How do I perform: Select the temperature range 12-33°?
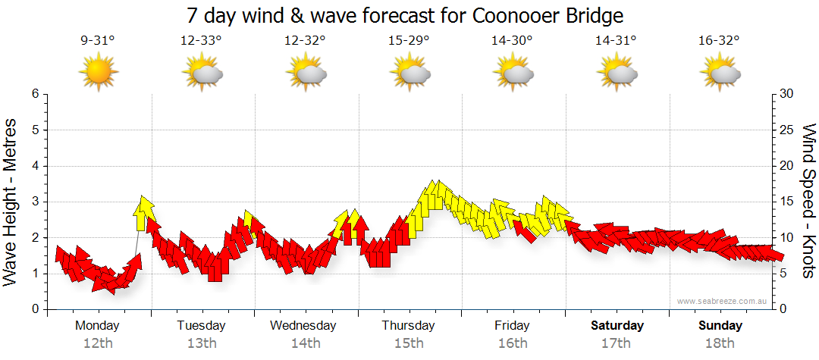click(x=201, y=41)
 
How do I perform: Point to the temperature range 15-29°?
click(x=409, y=41)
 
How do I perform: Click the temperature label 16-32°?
click(x=720, y=41)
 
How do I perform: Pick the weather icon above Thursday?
click(x=409, y=73)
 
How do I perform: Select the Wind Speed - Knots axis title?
click(x=808, y=202)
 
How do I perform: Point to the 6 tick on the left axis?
click(x=34, y=94)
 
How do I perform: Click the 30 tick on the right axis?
click(x=787, y=94)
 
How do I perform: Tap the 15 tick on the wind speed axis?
click(x=787, y=202)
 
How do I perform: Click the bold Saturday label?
click(x=617, y=326)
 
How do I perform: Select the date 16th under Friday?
click(x=513, y=343)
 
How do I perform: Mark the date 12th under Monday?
click(x=98, y=343)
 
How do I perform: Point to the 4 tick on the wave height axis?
click(x=34, y=166)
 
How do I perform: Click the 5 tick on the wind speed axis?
click(x=784, y=274)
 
